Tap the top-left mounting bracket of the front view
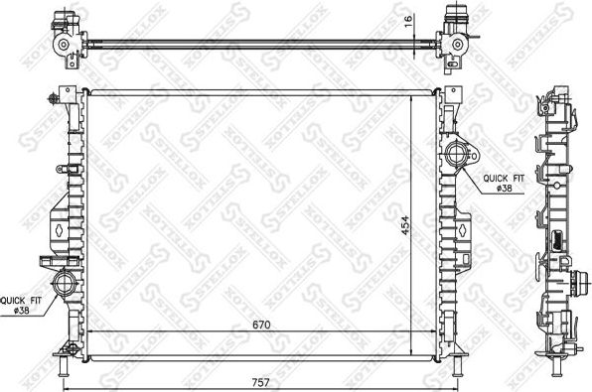[x=64, y=98]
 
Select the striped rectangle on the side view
[x=560, y=238]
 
